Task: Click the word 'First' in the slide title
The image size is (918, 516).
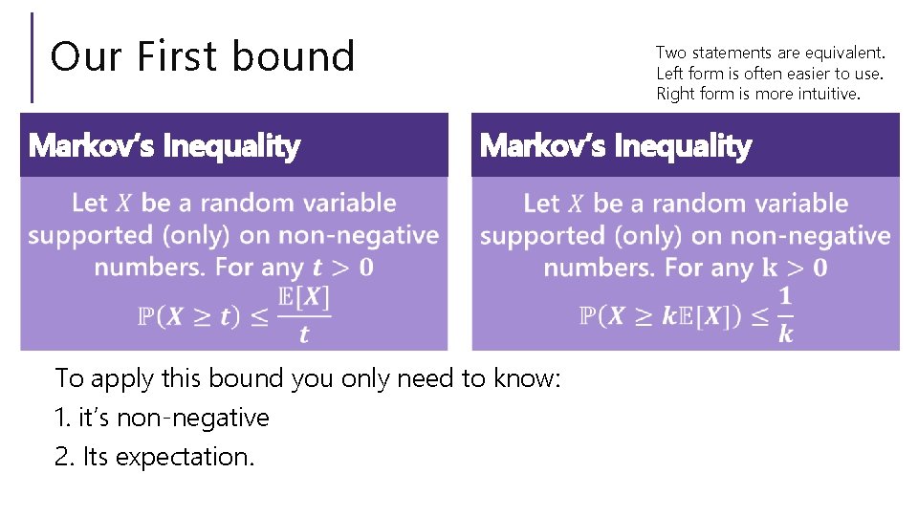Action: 177,56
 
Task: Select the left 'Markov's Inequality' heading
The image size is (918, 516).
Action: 164,146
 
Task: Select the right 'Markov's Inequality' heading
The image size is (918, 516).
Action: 615,146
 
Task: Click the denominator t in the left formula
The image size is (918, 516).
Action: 304,333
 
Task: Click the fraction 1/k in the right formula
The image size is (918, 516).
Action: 785,315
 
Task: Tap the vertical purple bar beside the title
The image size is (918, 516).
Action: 32,56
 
